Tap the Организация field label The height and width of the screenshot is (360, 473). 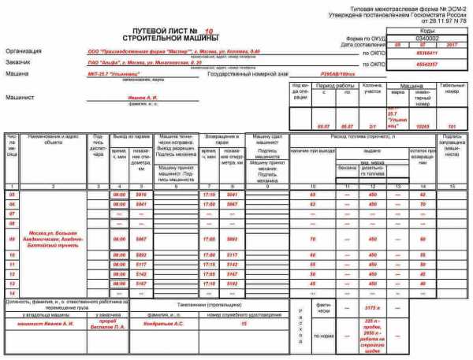point(24,50)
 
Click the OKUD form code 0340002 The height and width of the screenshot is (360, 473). point(425,37)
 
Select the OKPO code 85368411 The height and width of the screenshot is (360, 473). point(425,53)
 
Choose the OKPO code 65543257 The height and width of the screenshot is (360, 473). point(425,64)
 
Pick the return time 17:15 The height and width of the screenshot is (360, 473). point(209,264)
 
